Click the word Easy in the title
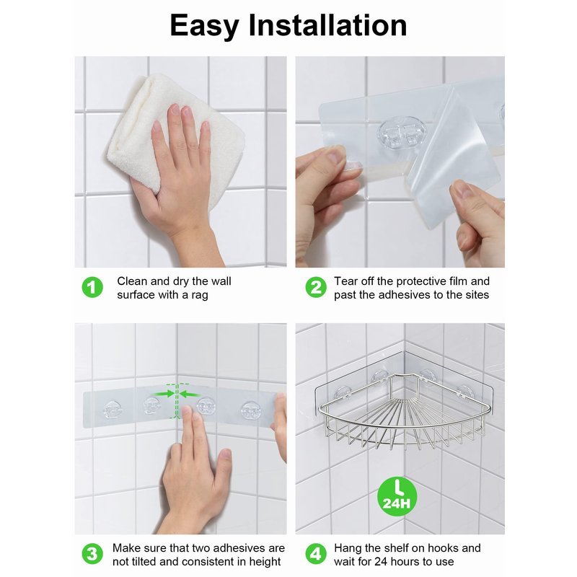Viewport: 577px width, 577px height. (204, 26)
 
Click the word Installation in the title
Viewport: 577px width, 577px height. (328, 25)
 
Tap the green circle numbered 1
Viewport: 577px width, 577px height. (92, 287)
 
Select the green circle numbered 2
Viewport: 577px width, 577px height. (316, 287)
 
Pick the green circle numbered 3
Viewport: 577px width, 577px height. (92, 554)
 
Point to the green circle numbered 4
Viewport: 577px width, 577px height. (316, 554)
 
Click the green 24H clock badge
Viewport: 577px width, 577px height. (397, 496)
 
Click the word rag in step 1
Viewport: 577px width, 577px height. (200, 295)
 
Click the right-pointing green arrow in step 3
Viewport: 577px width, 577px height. (164, 394)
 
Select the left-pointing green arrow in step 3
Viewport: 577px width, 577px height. (190, 394)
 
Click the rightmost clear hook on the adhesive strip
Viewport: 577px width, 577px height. (250, 410)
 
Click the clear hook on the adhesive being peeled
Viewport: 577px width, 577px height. (402, 133)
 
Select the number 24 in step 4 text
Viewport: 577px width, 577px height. (381, 562)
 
